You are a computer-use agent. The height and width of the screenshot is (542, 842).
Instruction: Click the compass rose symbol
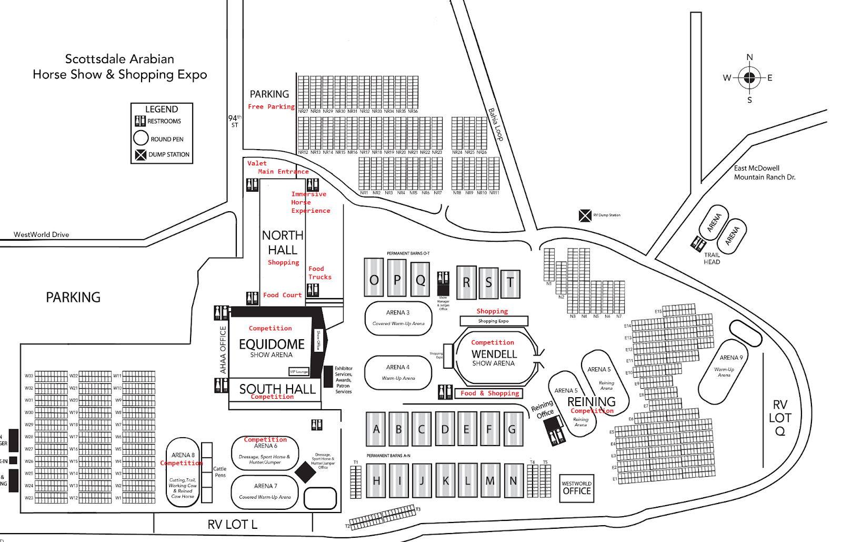point(749,78)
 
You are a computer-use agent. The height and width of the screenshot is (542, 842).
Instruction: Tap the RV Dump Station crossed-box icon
point(585,215)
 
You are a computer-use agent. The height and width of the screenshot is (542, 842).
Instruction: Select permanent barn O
point(374,278)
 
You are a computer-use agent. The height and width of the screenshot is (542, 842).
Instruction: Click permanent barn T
point(510,284)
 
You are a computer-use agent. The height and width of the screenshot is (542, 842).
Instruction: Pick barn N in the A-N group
point(513,480)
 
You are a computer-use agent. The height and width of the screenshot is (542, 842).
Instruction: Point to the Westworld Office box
point(577,488)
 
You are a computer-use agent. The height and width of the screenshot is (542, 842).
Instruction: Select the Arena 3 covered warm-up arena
point(398,318)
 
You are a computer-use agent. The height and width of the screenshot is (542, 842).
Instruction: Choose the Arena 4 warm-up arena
point(398,372)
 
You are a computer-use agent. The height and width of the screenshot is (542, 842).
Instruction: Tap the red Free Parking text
point(271,107)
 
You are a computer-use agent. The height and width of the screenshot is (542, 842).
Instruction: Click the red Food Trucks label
point(320,273)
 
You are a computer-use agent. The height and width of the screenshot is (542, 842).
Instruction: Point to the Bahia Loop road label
point(496,124)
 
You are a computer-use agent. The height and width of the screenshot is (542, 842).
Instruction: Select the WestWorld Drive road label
point(42,235)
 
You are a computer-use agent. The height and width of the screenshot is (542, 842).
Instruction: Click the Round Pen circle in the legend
point(141,138)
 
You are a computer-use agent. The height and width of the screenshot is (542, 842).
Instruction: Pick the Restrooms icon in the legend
point(140,121)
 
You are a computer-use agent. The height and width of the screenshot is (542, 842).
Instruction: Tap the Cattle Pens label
point(220,472)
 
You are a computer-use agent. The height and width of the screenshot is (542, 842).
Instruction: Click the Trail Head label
point(712,259)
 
